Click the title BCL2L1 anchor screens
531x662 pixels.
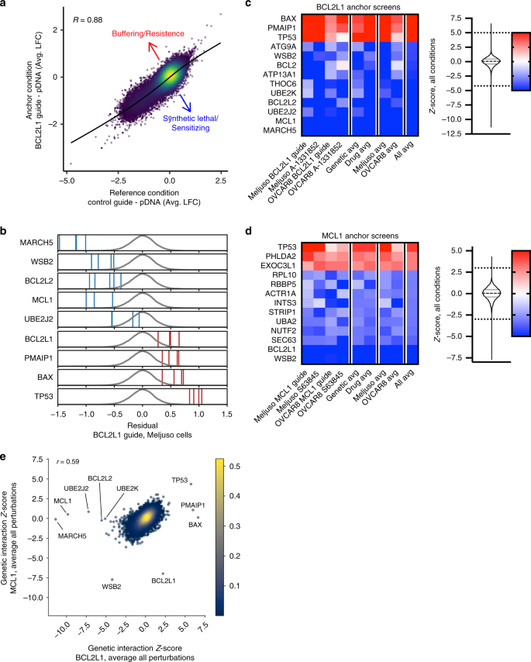point(357,6)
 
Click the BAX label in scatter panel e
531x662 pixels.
point(195,525)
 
